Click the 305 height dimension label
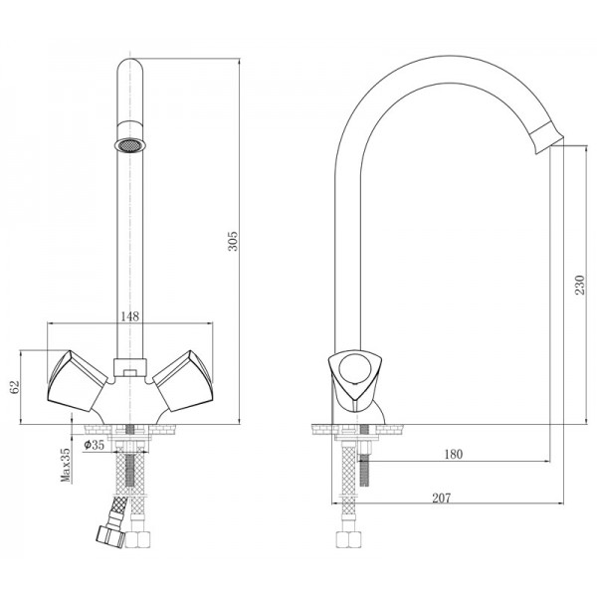[x=232, y=241]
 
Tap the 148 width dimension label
[x=130, y=316]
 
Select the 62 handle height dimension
[x=15, y=387]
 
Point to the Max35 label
[x=66, y=465]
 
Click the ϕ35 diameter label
[x=94, y=445]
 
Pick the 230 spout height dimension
[x=579, y=285]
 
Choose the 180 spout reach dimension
[x=454, y=454]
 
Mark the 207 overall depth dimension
[x=441, y=497]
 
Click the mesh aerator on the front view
[x=130, y=145]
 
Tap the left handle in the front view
[x=78, y=381]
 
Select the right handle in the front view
[x=183, y=381]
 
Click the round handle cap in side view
[x=355, y=368]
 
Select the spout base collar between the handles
[x=130, y=367]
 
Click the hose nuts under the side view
[x=348, y=538]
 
